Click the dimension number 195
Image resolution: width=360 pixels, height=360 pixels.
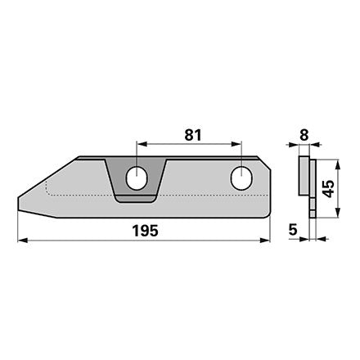(145, 231)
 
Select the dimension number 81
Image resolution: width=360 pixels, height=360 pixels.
(193, 135)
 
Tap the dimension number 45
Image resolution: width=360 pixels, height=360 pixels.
(328, 188)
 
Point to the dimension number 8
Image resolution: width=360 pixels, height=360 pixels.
(304, 135)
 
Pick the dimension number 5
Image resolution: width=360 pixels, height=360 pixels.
(293, 230)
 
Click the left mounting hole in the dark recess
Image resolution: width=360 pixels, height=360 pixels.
(137, 178)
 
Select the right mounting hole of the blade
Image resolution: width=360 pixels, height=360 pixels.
(241, 178)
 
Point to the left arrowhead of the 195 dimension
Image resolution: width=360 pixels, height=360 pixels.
(23, 241)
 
